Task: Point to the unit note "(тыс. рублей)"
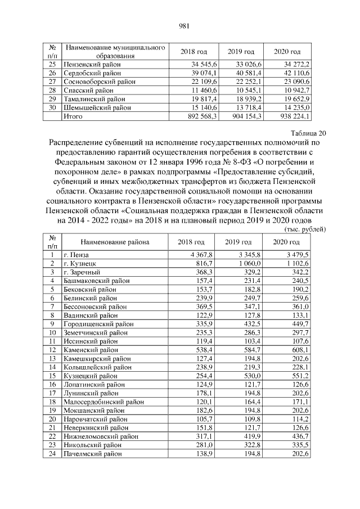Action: pyautogui.click(x=303, y=229)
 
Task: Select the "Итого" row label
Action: pyautogui.click(x=74, y=116)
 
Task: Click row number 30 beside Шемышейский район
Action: pyautogui.click(x=52, y=107)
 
